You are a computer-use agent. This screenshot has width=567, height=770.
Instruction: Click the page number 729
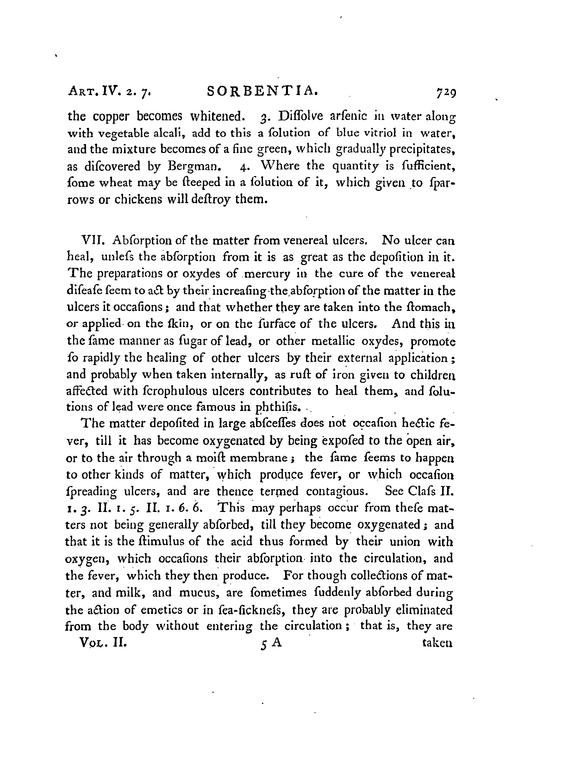click(445, 92)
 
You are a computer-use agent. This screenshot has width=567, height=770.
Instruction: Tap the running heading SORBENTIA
click(262, 91)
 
